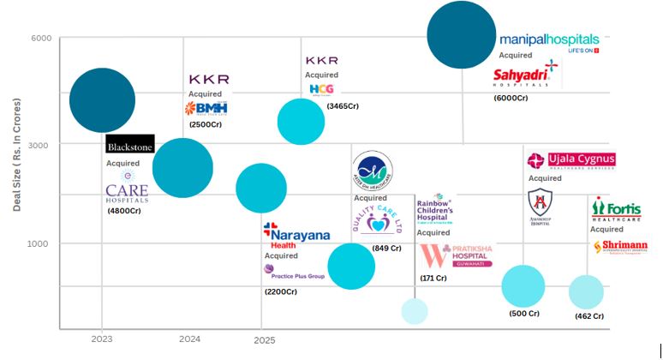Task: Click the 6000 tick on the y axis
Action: point(41,39)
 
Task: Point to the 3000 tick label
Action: point(41,145)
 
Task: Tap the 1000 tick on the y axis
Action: point(41,243)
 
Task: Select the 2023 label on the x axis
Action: point(101,339)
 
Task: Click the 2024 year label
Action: point(189,339)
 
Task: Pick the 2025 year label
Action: point(264,340)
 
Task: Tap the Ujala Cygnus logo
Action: point(571,160)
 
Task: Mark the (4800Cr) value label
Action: point(124,211)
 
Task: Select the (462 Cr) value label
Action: point(589,317)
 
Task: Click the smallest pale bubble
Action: point(415,311)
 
